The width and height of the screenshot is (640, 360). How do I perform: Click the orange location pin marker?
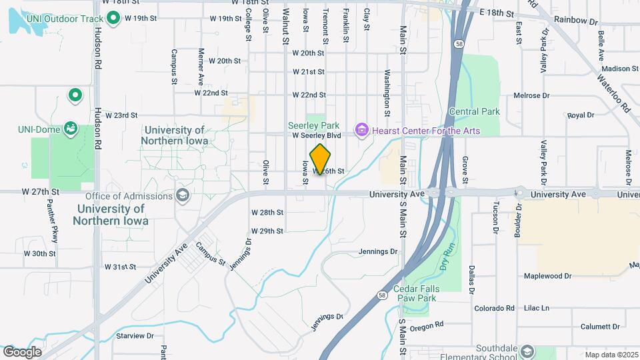[x=321, y=159]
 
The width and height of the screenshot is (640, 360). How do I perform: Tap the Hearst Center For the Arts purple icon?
[x=362, y=129]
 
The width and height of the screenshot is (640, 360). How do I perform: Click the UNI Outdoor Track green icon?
[x=113, y=18]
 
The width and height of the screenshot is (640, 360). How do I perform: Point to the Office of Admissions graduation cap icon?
[x=182, y=195]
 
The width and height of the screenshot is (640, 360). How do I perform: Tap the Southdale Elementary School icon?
[x=528, y=351]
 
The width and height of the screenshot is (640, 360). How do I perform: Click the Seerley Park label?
[x=314, y=125]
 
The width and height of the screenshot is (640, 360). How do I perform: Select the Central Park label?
[x=474, y=111]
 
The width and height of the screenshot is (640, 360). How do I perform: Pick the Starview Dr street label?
[x=135, y=337]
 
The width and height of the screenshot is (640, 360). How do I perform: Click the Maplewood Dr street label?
[x=548, y=275]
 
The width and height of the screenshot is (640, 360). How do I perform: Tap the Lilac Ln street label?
[x=535, y=308]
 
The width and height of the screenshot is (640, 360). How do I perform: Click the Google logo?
[x=22, y=351]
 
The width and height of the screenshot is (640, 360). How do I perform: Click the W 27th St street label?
[x=41, y=191]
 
